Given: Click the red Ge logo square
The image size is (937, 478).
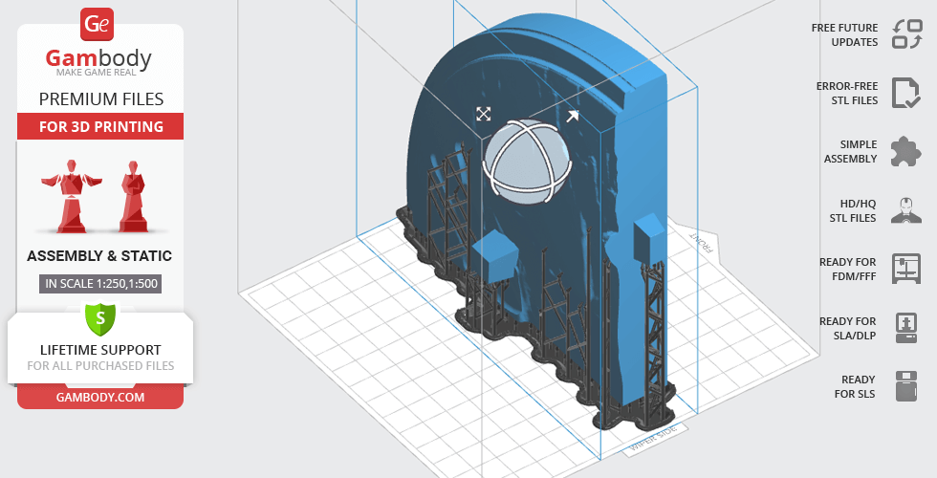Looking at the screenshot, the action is [x=97, y=25].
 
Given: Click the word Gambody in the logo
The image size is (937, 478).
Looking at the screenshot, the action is [x=98, y=58].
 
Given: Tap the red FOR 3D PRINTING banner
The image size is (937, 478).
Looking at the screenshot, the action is [x=100, y=126].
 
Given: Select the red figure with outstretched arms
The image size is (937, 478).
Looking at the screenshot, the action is [x=71, y=195].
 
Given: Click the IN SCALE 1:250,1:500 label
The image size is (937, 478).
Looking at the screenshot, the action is [x=101, y=283].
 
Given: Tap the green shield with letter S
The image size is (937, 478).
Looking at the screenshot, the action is [x=99, y=318].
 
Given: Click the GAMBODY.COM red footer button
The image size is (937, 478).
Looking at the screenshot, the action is [x=100, y=398].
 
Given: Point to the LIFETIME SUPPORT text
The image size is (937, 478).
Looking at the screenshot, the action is [x=100, y=350].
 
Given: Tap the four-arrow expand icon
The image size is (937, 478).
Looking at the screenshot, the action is [x=484, y=114].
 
